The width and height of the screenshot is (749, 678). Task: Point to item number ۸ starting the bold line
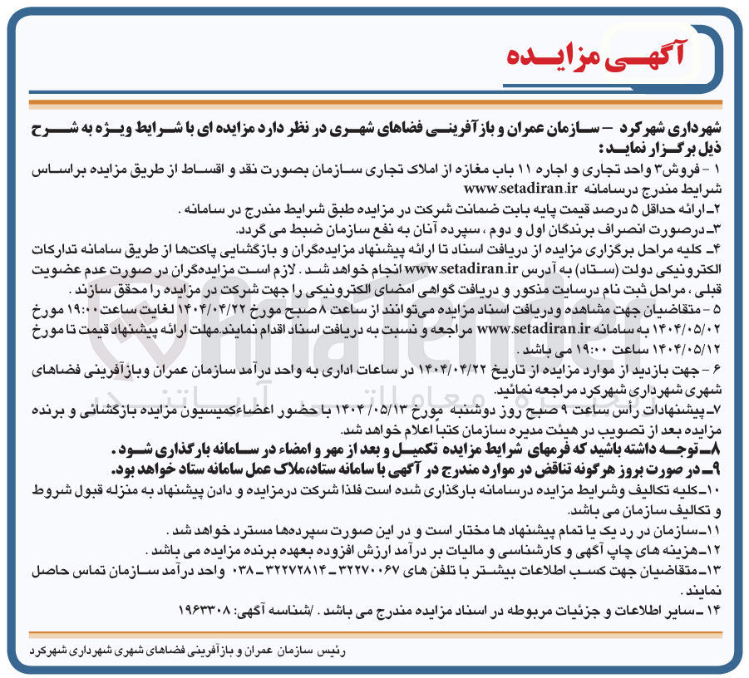click(717, 448)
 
